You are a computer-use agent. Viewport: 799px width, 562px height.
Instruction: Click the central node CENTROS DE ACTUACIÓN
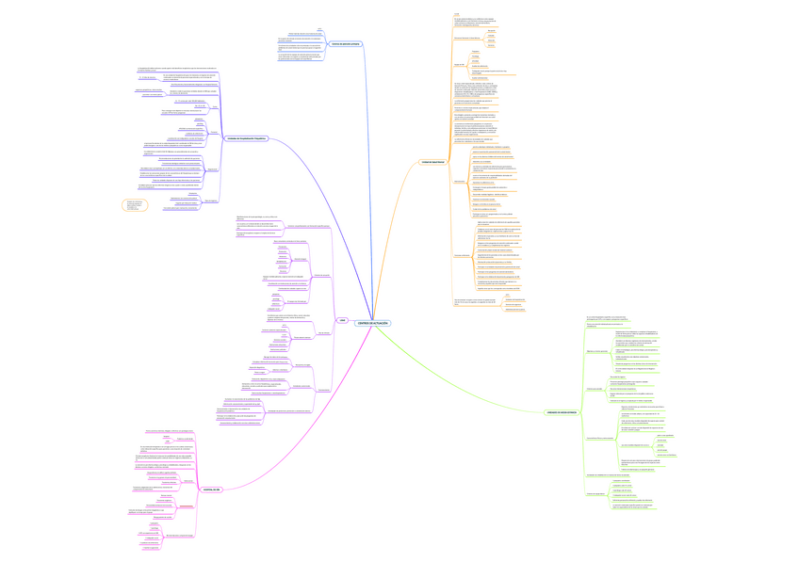[372, 323]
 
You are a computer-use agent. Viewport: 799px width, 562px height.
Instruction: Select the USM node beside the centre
[343, 320]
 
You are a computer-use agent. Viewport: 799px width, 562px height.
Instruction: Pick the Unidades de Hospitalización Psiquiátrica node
[247, 138]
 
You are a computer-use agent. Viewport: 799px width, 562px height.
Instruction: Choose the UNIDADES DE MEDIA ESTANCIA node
[563, 412]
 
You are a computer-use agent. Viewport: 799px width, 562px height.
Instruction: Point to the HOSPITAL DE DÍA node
[212, 490]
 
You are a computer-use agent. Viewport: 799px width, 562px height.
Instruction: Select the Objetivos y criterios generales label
[596, 350]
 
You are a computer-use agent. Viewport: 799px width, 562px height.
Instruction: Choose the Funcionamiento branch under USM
[323, 390]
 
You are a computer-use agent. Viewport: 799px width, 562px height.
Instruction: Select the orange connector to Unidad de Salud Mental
[396, 235]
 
